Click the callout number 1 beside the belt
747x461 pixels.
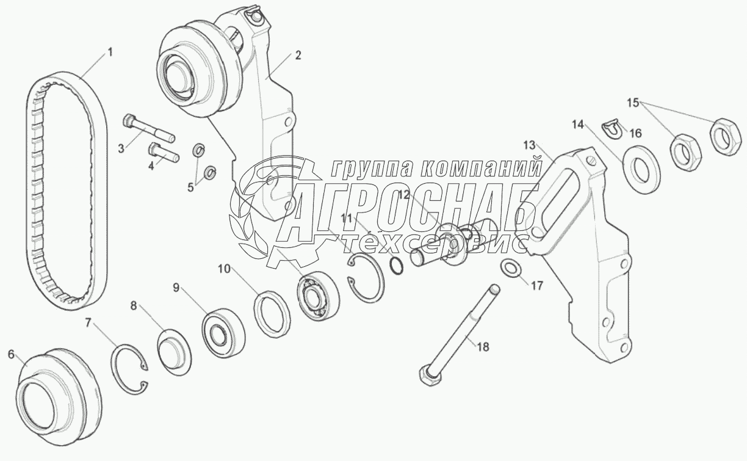tap(110, 53)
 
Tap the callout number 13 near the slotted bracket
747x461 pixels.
tap(529, 145)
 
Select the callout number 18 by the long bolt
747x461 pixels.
tap(483, 347)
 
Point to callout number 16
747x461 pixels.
tap(635, 134)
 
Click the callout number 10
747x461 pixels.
tap(225, 269)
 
